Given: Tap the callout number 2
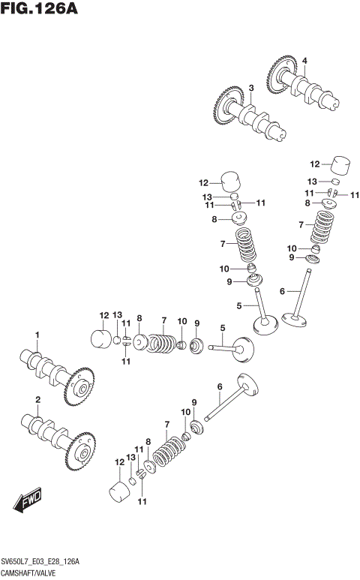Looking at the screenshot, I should click(37, 399).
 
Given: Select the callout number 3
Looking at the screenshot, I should click(251, 88).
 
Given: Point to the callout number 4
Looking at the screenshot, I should click(304, 60).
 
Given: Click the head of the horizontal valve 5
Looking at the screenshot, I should click(244, 348).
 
